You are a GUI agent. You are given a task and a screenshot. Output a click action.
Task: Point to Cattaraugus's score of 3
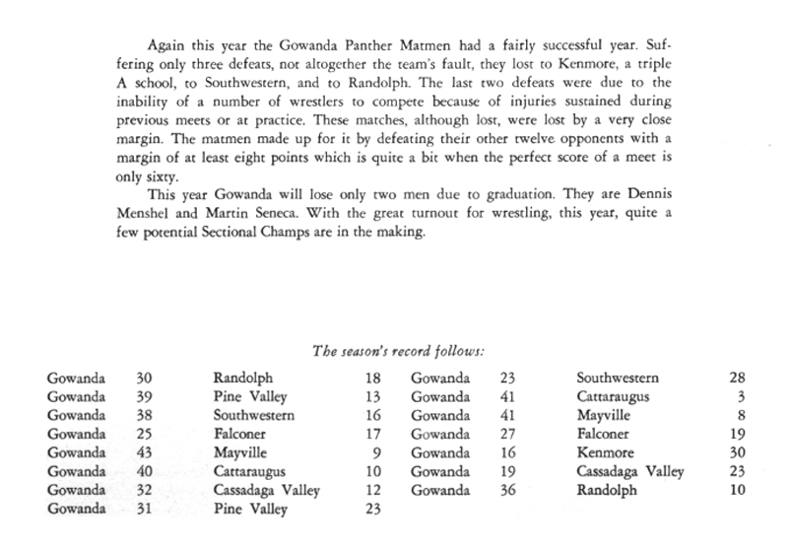click(741, 397)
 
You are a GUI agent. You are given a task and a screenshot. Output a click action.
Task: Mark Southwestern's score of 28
click(736, 379)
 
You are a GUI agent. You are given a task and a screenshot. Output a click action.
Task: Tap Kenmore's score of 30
click(736, 453)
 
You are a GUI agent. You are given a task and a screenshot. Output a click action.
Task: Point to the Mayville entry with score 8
click(602, 416)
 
